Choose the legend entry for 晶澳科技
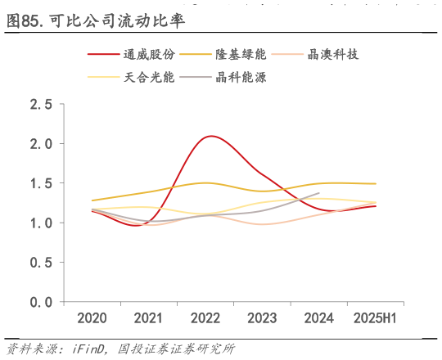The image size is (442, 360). click(332, 55)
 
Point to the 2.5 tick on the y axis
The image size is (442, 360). click(41, 105)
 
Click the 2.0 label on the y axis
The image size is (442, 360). click(41, 144)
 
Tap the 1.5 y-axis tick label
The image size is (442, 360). click(41, 183)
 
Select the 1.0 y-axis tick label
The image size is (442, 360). click(41, 223)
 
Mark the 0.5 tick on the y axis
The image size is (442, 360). click(41, 263)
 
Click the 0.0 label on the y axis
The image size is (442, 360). click(41, 302)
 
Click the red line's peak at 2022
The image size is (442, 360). click(212, 136)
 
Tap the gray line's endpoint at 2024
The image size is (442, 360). click(318, 193)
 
